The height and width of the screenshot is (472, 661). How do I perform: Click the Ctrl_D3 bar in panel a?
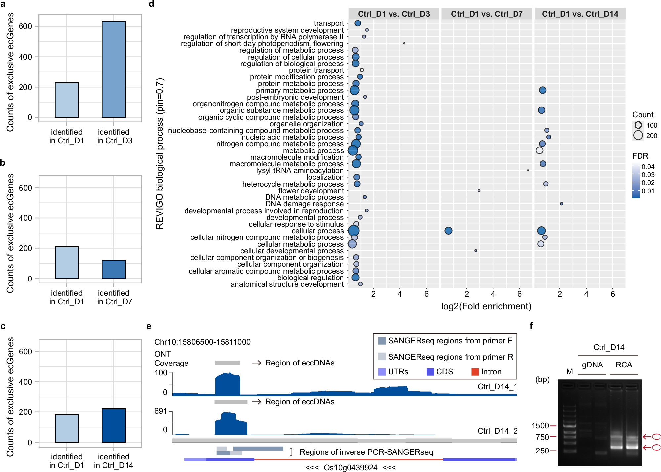[113, 69]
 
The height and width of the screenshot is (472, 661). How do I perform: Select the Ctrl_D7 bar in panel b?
[113, 269]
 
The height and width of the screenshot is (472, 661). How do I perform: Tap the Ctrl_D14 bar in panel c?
[113, 425]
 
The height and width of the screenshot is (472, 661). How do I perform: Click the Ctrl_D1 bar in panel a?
[67, 100]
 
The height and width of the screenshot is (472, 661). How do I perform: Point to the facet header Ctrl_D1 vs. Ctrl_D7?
[487, 14]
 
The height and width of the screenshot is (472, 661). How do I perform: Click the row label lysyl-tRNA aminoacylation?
[300, 171]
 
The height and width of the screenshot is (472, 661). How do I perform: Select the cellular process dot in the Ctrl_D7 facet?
[448, 231]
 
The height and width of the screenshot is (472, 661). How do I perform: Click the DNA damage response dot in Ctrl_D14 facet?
[561, 204]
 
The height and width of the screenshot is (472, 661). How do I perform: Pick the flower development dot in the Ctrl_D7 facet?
[479, 191]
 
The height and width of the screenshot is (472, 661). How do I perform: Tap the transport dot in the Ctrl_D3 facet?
[357, 23]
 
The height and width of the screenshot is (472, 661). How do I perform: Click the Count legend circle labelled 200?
[638, 135]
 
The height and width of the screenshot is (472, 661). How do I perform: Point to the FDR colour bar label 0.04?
[648, 167]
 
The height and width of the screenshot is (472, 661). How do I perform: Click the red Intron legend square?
[475, 372]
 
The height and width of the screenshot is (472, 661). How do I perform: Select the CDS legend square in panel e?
[430, 372]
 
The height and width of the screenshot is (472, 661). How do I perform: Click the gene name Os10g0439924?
[350, 467]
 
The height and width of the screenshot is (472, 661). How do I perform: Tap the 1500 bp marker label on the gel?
[540, 426]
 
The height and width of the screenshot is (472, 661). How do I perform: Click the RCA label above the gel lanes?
[624, 365]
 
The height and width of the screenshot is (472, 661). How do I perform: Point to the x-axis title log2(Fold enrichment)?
[486, 306]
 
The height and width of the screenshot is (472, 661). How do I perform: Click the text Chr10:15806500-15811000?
[202, 342]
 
